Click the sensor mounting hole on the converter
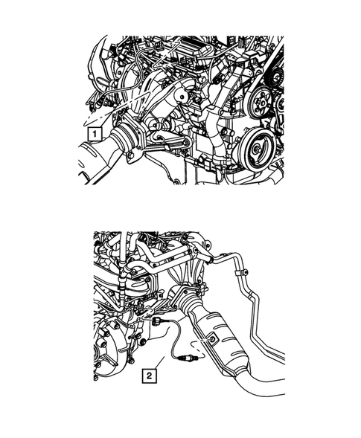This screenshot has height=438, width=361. [213, 338]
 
